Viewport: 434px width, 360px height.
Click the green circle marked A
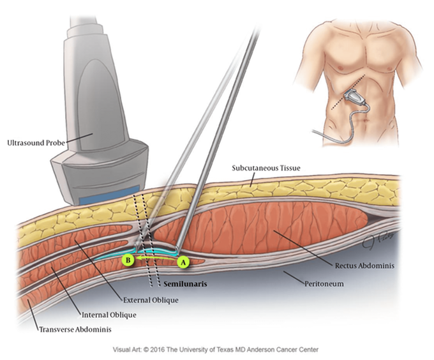[x=183, y=262]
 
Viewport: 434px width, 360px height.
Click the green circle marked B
[x=128, y=260]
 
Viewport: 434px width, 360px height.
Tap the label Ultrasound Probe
[x=36, y=143]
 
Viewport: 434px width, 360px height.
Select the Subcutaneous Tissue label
[x=266, y=168]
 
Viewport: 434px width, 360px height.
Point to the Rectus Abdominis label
[x=364, y=266]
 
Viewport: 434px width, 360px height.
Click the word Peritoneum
[x=324, y=284]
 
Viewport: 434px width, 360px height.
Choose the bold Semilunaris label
[x=185, y=284]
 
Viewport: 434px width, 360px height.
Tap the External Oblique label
[x=151, y=300]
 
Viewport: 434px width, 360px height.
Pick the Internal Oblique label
[x=108, y=315]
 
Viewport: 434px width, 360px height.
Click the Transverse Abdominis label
[x=75, y=329]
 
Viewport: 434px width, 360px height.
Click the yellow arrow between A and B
[x=156, y=258]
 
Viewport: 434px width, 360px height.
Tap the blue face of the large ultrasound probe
[x=109, y=196]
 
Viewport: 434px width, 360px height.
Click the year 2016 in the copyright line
[x=158, y=350]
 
